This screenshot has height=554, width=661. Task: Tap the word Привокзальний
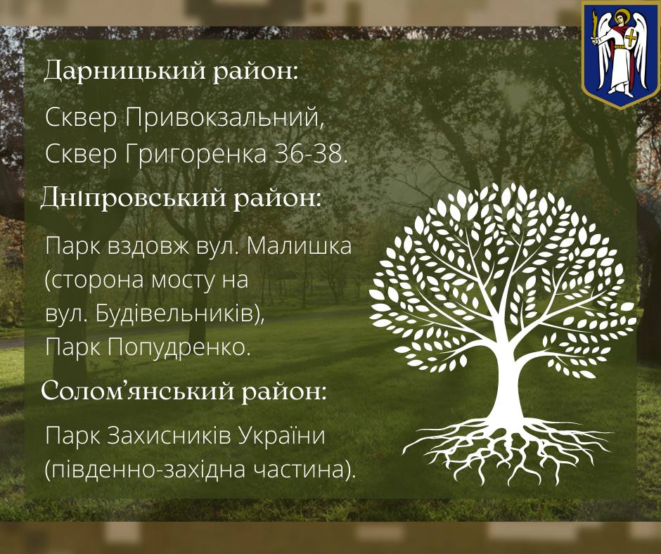tap(225, 117)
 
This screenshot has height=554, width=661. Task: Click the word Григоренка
tap(195, 155)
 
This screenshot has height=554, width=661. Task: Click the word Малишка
tap(299, 246)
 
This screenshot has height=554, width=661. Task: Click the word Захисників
tap(169, 435)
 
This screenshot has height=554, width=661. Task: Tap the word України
tap(282, 435)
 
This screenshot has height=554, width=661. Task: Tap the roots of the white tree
tap(507, 450)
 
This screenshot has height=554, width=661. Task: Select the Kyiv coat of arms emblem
tap(620, 54)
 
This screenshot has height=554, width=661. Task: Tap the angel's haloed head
tap(620, 18)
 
